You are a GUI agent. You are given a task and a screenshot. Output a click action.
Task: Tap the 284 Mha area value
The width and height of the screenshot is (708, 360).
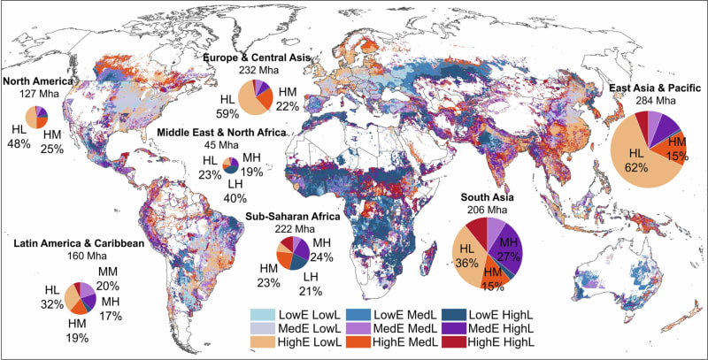(653, 101)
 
